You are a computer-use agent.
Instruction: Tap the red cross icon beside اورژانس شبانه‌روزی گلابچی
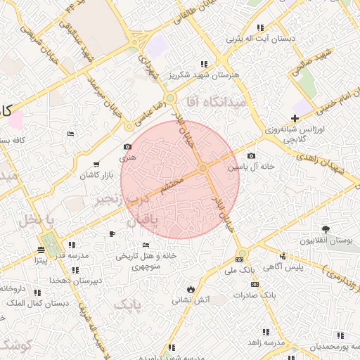(x=295, y=118)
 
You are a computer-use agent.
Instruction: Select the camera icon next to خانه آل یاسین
(x=252, y=155)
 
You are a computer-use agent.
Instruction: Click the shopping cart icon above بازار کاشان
(x=96, y=164)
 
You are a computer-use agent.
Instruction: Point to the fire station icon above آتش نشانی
(x=191, y=289)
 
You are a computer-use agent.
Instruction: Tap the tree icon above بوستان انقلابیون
(x=325, y=229)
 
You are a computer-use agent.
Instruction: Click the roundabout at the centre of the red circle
(x=202, y=168)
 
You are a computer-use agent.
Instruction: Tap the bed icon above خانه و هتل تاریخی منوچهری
(x=146, y=245)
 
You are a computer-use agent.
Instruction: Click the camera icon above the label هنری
(x=127, y=147)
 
